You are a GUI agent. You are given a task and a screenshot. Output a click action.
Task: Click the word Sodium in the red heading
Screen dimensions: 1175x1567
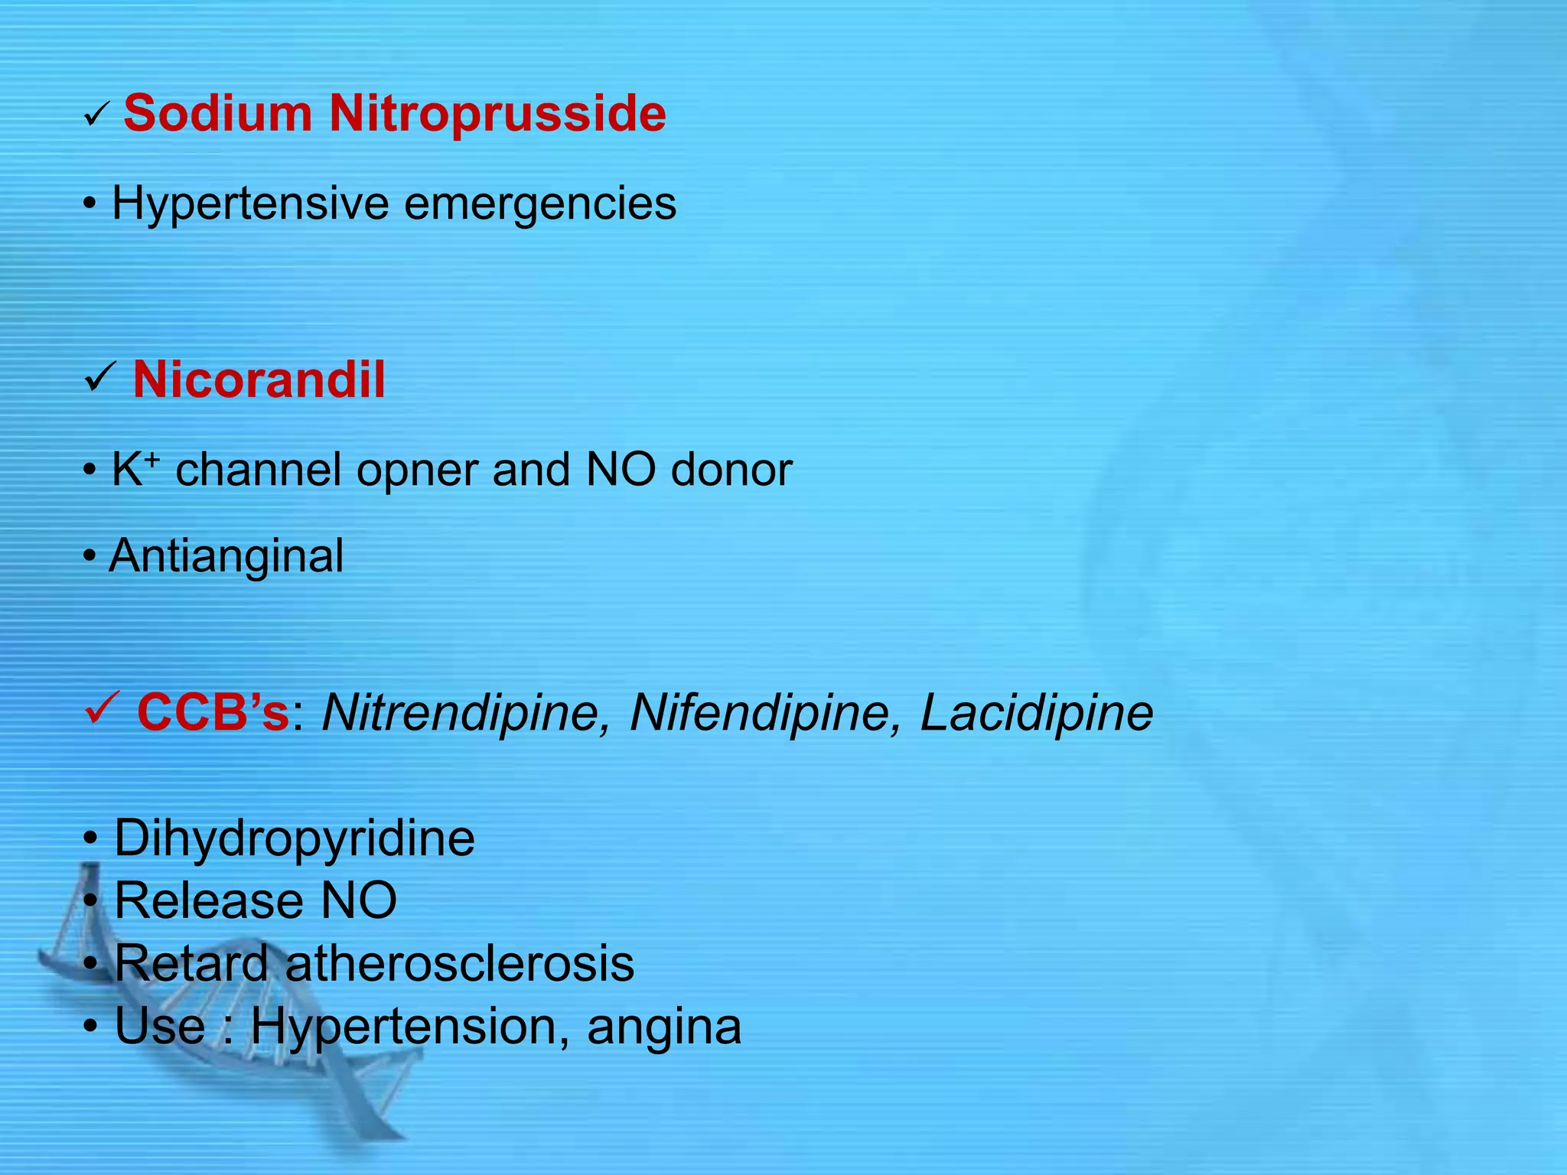(x=217, y=113)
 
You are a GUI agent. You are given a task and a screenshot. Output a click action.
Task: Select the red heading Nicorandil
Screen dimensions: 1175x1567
(x=259, y=379)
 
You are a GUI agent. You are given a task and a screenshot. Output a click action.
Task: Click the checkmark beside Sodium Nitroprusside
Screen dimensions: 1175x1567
(x=97, y=117)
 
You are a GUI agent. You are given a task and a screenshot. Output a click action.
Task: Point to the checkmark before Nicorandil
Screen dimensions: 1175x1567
(x=99, y=377)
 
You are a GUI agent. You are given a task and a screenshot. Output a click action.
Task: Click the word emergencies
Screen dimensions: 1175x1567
(x=540, y=205)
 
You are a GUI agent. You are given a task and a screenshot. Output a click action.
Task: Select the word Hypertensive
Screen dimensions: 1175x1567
(x=250, y=203)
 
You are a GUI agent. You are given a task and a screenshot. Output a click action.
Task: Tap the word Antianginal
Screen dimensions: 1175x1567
(x=226, y=556)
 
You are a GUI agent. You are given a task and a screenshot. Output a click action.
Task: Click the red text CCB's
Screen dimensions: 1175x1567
(x=213, y=713)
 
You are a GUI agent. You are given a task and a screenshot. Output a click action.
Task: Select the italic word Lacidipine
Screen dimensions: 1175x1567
(x=1036, y=713)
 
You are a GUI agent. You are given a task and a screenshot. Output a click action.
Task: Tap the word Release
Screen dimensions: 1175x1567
(x=208, y=900)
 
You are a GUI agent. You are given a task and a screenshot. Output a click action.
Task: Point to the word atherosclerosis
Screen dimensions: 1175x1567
(x=459, y=963)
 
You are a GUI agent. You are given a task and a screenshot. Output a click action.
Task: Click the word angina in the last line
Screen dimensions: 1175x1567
(x=664, y=1027)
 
